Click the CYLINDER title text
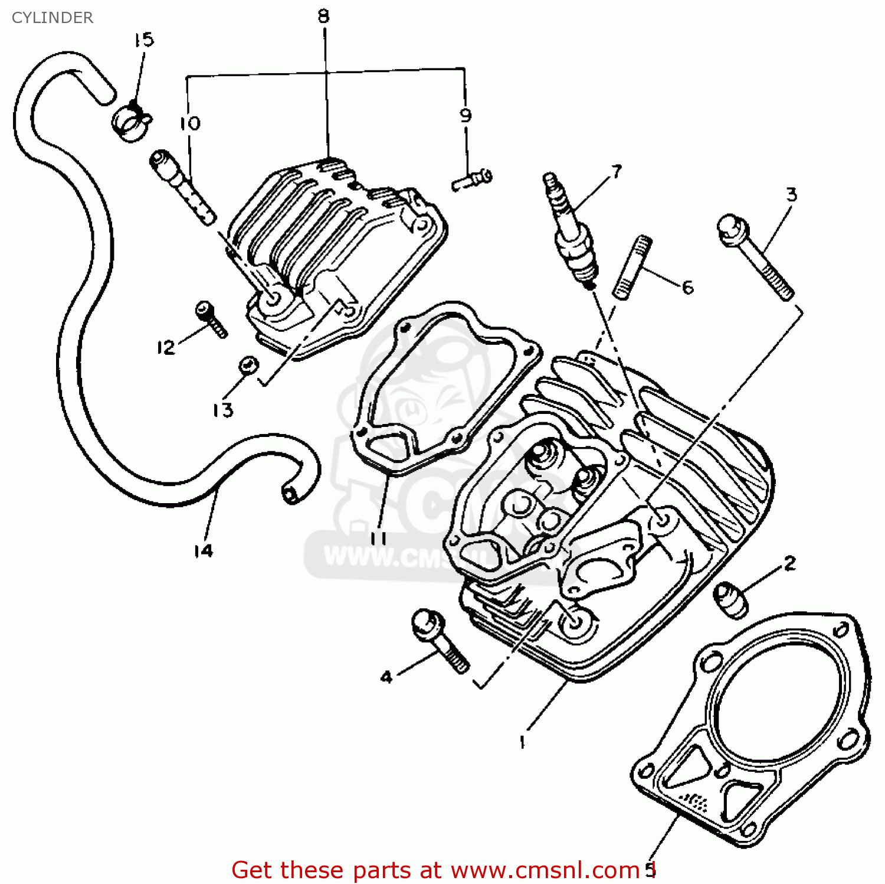tap(52, 18)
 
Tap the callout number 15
tap(143, 40)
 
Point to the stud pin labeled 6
tap(632, 268)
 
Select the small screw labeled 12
tap(211, 318)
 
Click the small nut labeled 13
tap(248, 365)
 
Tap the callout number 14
tap(203, 550)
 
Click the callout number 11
tap(378, 537)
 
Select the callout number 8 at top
tap(323, 16)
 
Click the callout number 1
tap(522, 742)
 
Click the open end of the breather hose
tap(289, 492)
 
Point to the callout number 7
tap(617, 171)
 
